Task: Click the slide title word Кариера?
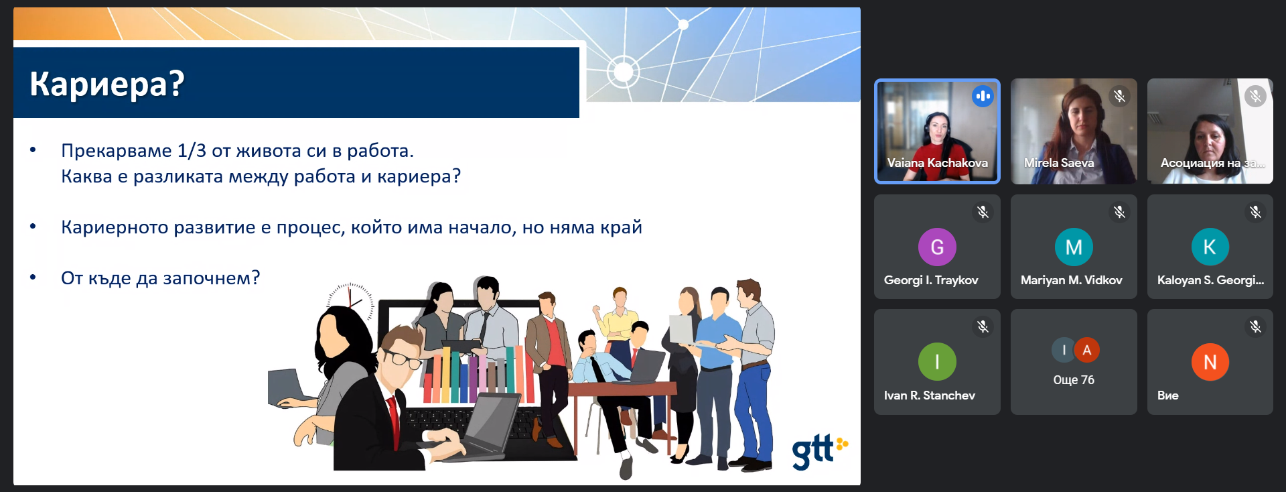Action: (107, 84)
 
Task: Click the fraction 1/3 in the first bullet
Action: (192, 150)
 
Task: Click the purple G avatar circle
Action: (937, 247)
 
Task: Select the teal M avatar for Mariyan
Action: (1074, 247)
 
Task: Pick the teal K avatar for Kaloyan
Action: (1210, 247)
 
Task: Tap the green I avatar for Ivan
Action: (937, 361)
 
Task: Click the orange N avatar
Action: (1210, 361)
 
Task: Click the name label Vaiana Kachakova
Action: (937, 163)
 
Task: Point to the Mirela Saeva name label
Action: (1059, 163)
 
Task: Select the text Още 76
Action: (1074, 380)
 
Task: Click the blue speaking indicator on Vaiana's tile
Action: (983, 96)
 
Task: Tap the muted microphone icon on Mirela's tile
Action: (1119, 96)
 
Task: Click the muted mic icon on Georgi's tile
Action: (983, 212)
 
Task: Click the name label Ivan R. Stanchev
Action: (929, 395)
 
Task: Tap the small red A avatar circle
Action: (1086, 350)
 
